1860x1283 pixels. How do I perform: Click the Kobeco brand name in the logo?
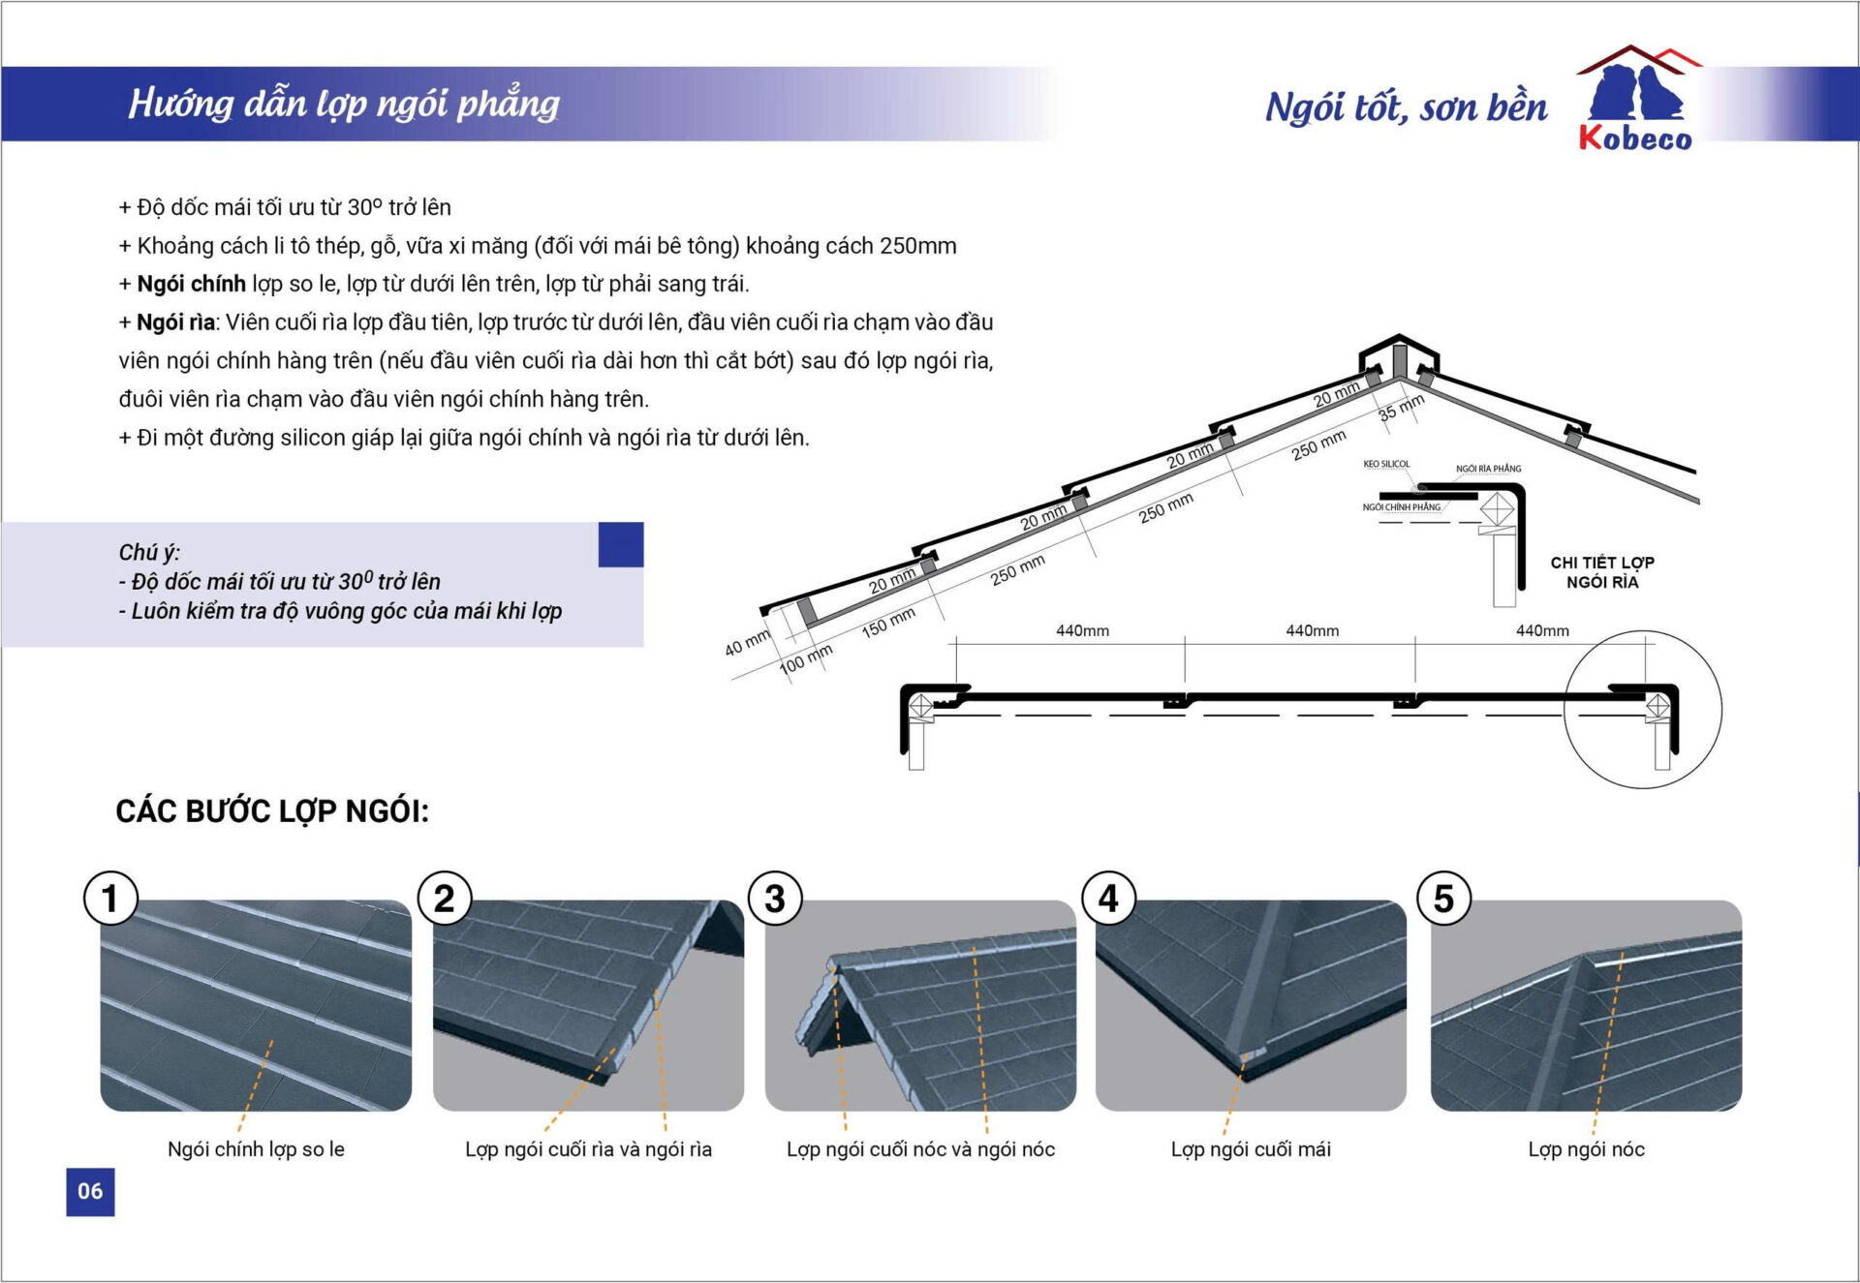[1635, 138]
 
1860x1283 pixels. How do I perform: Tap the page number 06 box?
[90, 1191]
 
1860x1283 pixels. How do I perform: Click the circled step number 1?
[110, 898]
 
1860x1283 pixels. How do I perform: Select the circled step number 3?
[775, 898]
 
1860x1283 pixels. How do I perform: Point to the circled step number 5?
[1443, 898]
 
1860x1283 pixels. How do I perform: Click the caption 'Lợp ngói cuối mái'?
[1251, 1149]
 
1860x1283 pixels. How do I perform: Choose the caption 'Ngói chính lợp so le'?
[256, 1149]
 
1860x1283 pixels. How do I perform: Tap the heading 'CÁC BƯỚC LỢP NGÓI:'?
[272, 811]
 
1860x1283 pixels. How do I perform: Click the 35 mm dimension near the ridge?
[1401, 407]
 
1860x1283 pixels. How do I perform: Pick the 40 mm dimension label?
[747, 642]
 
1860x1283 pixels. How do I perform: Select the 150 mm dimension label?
[887, 623]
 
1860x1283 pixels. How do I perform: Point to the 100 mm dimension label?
[805, 658]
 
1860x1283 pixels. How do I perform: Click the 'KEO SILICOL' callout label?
[1386, 464]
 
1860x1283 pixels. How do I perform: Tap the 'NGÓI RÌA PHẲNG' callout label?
[1488, 469]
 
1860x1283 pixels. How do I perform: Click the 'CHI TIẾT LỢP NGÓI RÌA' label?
[1602, 571]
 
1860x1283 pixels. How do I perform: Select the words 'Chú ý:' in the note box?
[149, 552]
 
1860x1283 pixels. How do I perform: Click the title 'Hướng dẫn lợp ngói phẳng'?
[344, 104]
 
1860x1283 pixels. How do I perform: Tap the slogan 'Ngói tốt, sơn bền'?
[1406, 107]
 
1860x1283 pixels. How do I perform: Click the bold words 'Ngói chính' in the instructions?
[191, 284]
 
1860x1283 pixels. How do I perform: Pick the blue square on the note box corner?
[621, 544]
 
